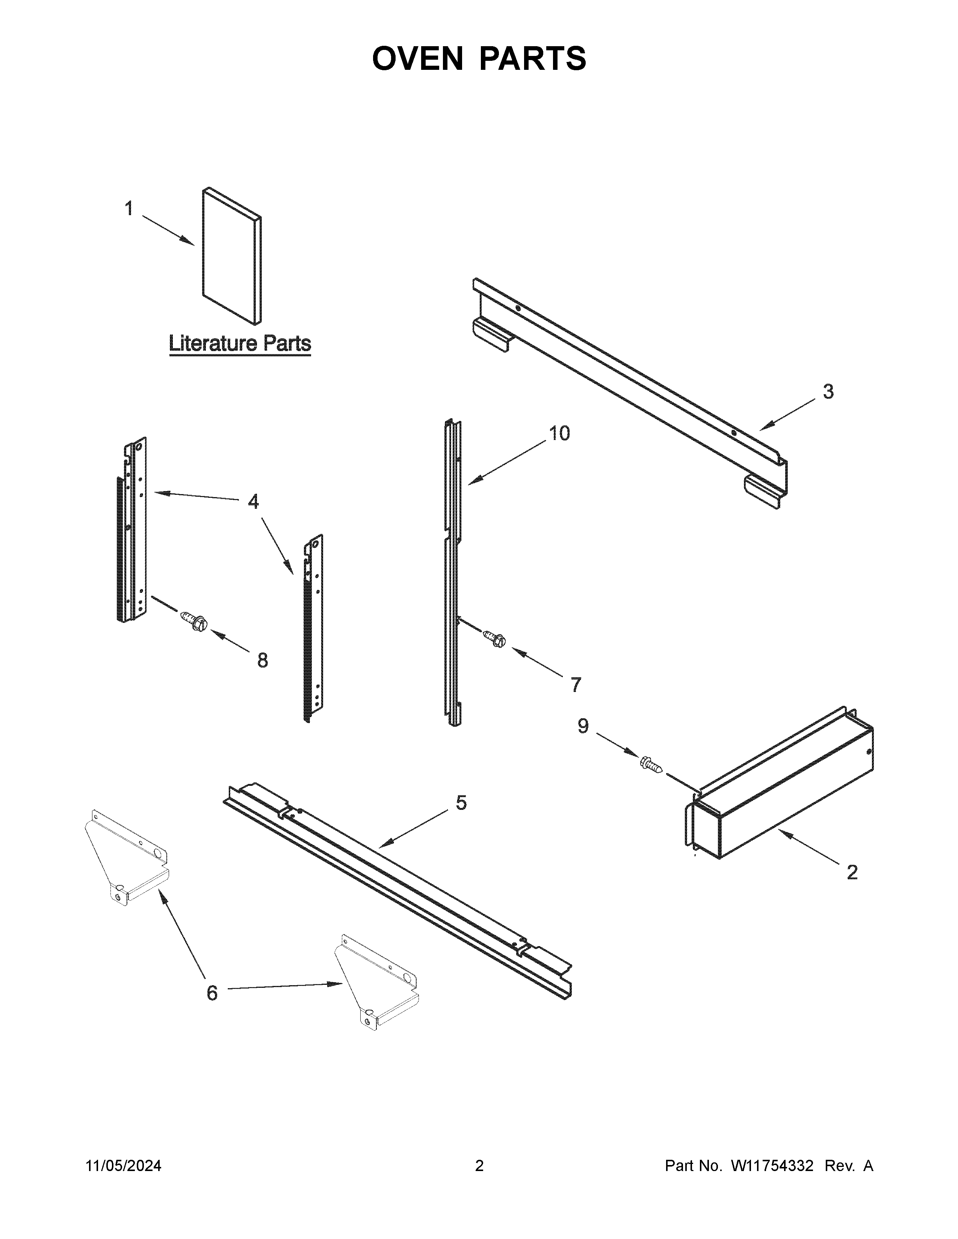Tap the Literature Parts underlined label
240,344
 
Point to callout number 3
828,392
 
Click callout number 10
559,433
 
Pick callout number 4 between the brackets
253,502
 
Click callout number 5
461,803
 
